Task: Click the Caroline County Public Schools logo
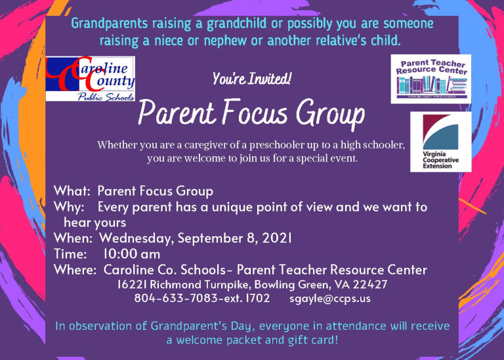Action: (91, 79)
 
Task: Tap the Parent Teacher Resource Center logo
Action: (430, 79)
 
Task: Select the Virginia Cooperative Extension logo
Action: (441, 142)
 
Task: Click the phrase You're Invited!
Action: (252, 79)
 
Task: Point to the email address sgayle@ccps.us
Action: (330, 298)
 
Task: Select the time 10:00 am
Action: (131, 254)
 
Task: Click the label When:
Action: (73, 238)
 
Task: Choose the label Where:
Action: (75, 270)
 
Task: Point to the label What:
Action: (72, 191)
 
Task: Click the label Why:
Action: (69, 207)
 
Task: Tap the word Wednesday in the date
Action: (136, 239)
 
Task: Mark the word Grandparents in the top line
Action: (110, 24)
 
